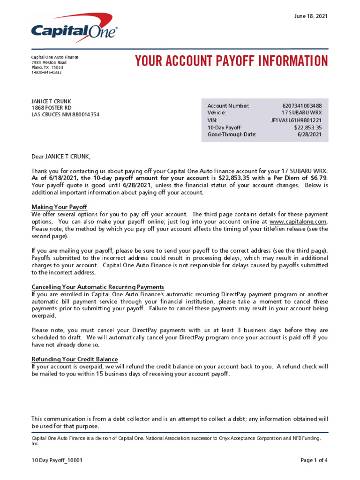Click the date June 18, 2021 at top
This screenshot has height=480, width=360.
click(x=311, y=16)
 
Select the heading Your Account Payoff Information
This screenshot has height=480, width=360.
click(x=231, y=61)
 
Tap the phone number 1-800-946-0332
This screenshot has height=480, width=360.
click(x=47, y=72)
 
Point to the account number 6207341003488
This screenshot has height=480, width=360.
click(x=302, y=106)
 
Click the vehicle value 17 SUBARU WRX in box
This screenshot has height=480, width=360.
click(x=301, y=113)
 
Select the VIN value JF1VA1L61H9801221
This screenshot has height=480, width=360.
click(x=296, y=120)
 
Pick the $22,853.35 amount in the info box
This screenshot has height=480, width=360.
click(x=308, y=127)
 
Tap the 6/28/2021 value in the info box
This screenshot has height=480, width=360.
click(x=309, y=135)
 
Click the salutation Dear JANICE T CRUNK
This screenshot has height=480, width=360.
click(x=60, y=157)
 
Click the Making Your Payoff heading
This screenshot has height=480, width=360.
click(x=59, y=207)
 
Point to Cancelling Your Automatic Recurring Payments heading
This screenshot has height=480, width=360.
click(x=97, y=287)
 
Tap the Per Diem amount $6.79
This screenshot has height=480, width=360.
click(x=318, y=178)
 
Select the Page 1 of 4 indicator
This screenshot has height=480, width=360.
click(x=314, y=460)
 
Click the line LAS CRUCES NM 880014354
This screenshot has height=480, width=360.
click(x=65, y=115)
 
